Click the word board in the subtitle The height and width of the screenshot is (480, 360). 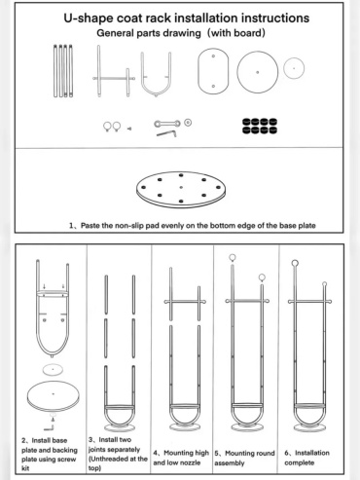tap(248, 33)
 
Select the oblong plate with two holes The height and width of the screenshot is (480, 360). tap(213, 71)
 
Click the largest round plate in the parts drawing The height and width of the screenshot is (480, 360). tap(258, 72)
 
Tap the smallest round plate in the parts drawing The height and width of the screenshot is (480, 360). tap(294, 68)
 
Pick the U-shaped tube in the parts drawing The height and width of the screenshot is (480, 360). tap(156, 92)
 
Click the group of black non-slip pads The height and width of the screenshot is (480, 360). tap(260, 127)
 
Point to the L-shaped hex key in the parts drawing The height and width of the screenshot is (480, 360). tap(166, 133)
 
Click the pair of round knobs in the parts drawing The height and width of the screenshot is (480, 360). tap(112, 127)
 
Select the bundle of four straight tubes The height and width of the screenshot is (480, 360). tap(63, 71)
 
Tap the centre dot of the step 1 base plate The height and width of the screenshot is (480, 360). tap(181, 187)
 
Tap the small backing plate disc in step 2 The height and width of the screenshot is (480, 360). tap(53, 369)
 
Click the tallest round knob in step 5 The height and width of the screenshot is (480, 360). tap(233, 258)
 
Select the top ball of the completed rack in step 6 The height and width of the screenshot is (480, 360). tap(295, 263)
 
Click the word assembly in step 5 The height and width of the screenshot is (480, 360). tap(229, 463)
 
